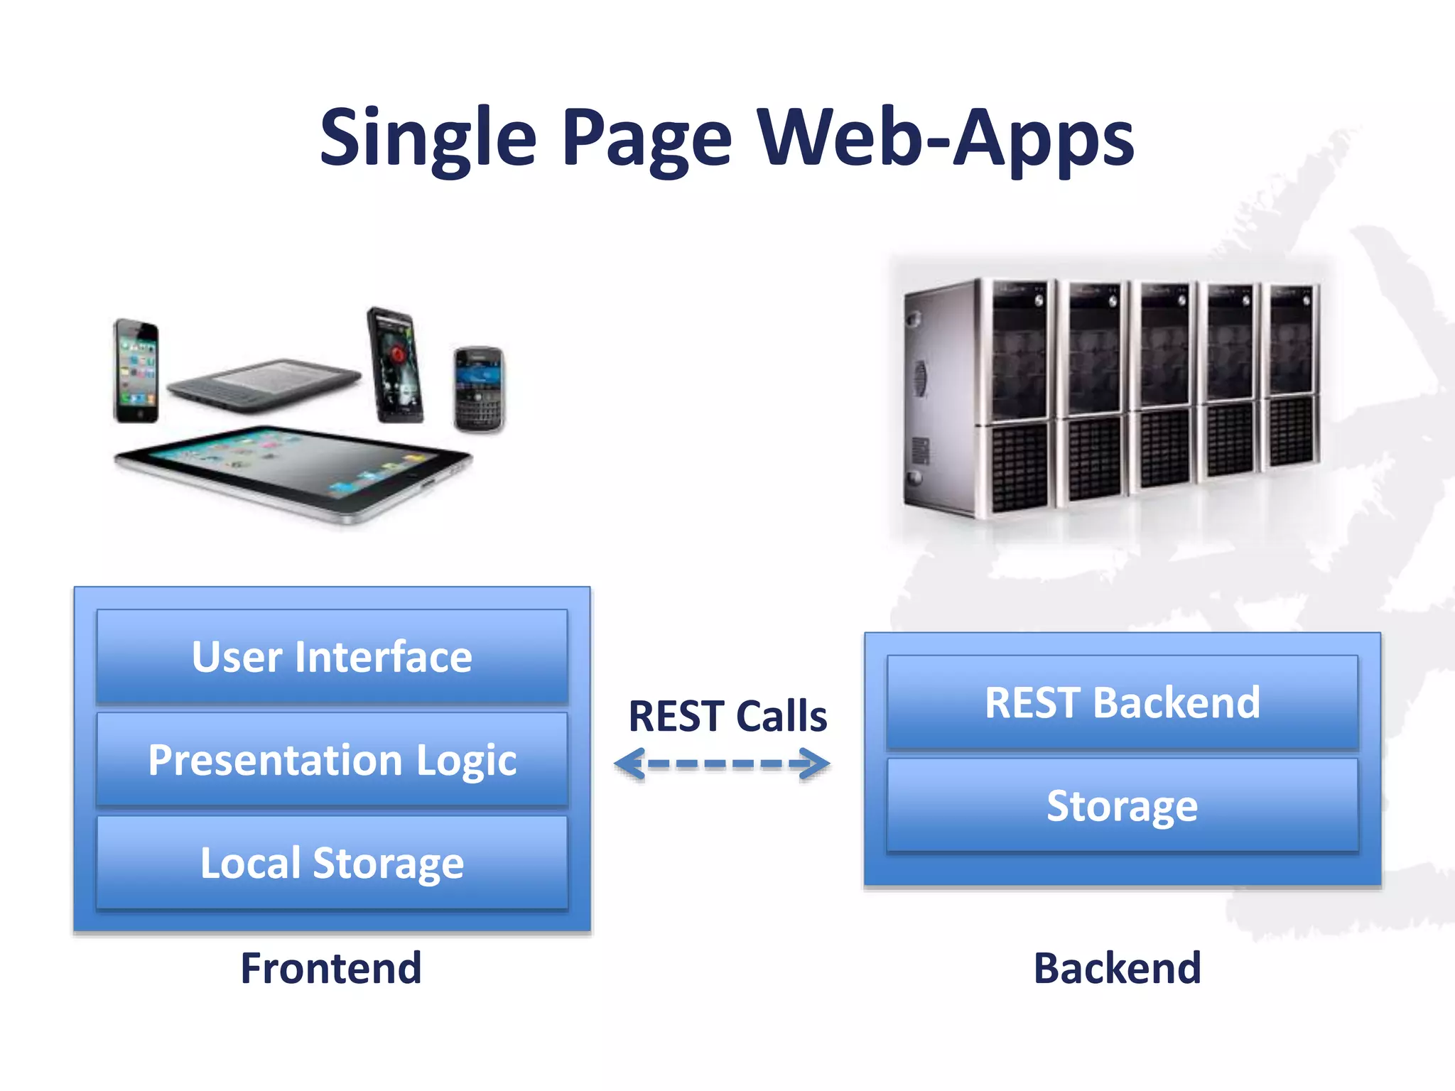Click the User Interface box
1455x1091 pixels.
tap(332, 656)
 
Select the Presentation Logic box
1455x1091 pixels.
tap(332, 759)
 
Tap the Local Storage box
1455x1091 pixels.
tap(332, 862)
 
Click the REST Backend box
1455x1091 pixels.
tap(1122, 702)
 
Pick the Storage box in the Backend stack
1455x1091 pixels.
tap(1122, 805)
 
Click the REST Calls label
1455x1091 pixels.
tap(727, 715)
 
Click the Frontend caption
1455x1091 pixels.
tap(331, 967)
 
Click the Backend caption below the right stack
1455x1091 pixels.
tap(1117, 967)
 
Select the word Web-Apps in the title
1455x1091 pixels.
tap(945, 139)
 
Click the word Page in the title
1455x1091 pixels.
tap(647, 139)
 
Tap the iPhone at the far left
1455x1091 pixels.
tap(136, 371)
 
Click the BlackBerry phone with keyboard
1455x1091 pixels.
tap(479, 389)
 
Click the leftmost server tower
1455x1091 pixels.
tap(980, 398)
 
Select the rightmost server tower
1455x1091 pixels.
tap(1292, 376)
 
